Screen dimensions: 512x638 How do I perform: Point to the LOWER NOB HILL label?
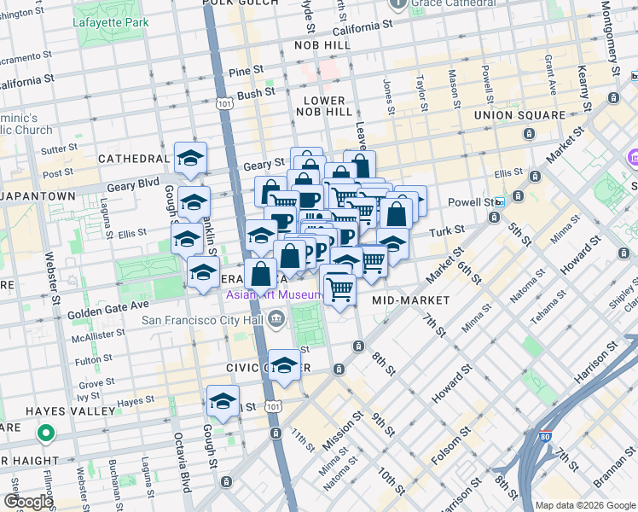[x=323, y=107]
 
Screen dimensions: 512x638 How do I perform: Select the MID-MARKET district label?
[x=411, y=300]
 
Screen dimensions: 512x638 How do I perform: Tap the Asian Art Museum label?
[x=274, y=295]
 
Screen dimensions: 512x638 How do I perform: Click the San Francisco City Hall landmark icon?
[x=276, y=320]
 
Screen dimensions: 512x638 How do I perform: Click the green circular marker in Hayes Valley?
[x=46, y=433]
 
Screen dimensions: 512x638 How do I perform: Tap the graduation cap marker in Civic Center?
[x=284, y=365]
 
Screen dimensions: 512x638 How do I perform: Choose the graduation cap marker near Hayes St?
[x=223, y=402]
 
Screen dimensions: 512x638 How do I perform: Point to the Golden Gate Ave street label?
[x=108, y=305]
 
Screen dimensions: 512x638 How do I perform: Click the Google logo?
[x=28, y=502]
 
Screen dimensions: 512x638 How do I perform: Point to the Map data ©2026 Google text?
[x=584, y=504]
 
